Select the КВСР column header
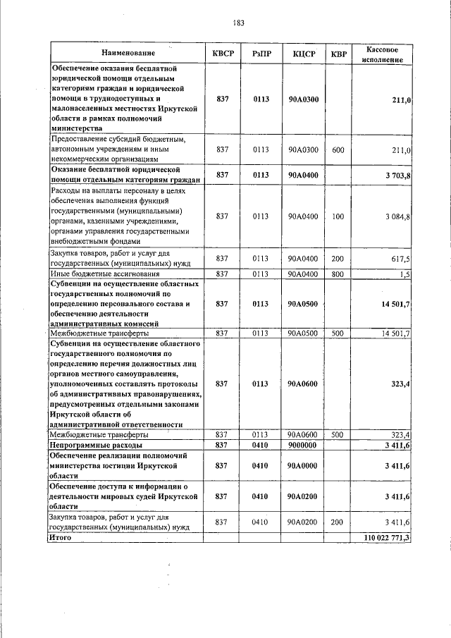click(x=223, y=54)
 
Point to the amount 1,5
click(x=404, y=274)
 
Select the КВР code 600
click(x=338, y=150)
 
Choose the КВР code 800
click(x=338, y=274)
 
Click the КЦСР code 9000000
click(x=303, y=446)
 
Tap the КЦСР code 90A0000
click(x=303, y=466)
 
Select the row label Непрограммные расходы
click(x=95, y=446)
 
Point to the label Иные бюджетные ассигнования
click(x=104, y=274)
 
